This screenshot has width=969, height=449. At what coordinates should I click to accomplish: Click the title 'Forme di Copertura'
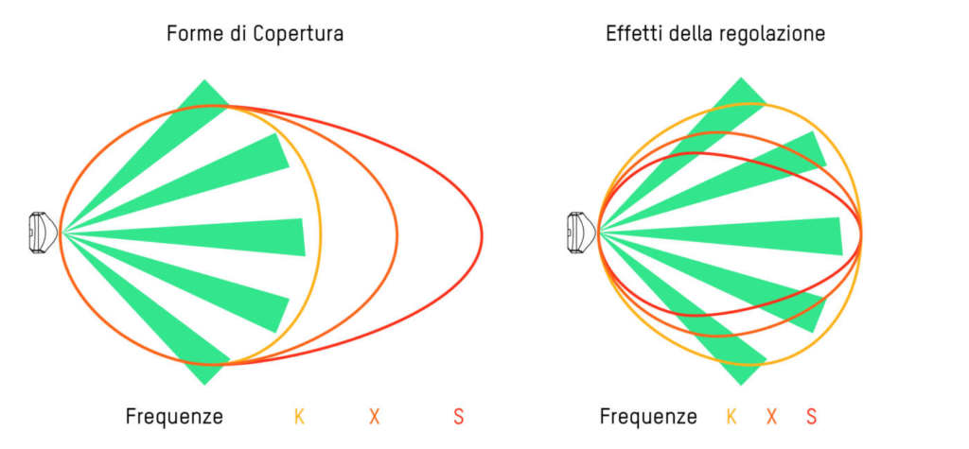coord(255,35)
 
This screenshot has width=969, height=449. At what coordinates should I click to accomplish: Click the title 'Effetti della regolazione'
coord(715,35)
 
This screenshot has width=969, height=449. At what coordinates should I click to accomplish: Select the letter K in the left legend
coord(299,416)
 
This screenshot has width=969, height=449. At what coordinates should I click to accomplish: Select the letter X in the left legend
coord(375,416)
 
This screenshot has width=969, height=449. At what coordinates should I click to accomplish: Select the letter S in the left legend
coord(459,416)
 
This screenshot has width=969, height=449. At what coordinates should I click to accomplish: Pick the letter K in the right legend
coord(731,416)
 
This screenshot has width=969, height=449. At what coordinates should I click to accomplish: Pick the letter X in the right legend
coord(771,416)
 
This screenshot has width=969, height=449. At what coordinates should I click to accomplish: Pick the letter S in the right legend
coord(811,416)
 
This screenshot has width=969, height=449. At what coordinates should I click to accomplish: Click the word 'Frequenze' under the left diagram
coord(174,416)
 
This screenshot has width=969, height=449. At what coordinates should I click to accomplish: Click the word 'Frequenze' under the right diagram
coord(648,416)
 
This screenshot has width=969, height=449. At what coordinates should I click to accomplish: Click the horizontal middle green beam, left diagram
coord(237,235)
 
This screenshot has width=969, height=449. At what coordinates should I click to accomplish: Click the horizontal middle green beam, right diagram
coord(776,235)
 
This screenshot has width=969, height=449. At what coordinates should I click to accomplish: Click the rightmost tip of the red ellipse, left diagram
coord(482,233)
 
